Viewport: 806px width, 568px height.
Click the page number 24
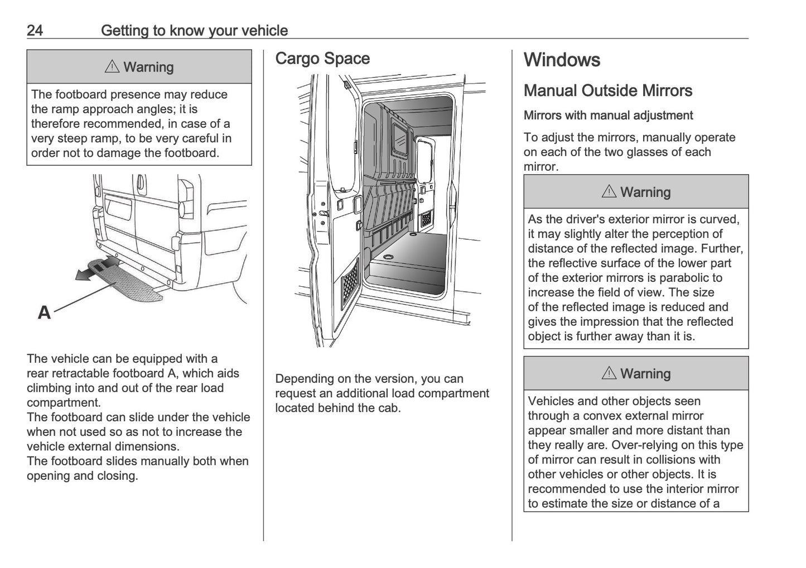pyautogui.click(x=35, y=30)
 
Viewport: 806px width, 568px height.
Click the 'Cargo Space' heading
pyautogui.click(x=322, y=59)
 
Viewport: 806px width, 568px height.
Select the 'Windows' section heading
pyautogui.click(x=562, y=60)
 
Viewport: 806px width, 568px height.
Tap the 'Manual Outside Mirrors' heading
pyautogui.click(x=608, y=90)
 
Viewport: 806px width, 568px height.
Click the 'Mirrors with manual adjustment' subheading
pyautogui.click(x=608, y=115)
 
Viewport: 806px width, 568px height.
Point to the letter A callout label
pyautogui.click(x=44, y=312)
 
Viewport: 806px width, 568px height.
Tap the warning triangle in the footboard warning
pyautogui.click(x=112, y=67)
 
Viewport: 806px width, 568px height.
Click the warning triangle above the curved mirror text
pyautogui.click(x=609, y=192)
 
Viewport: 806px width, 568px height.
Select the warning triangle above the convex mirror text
pyautogui.click(x=609, y=373)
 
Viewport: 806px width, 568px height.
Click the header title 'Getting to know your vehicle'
pyautogui.click(x=194, y=30)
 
